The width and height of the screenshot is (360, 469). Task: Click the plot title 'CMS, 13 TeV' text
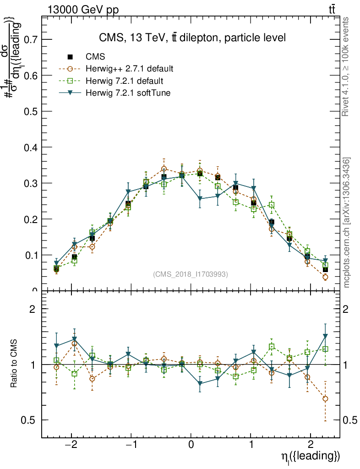coord(192,38)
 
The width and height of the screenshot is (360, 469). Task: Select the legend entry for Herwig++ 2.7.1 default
coord(129,69)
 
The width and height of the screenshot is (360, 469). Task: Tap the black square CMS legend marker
coord(70,57)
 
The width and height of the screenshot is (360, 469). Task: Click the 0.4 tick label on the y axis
coord(28,147)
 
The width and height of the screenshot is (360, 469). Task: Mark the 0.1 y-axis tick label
coord(28,255)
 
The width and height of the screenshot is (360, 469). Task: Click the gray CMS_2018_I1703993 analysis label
coord(190,274)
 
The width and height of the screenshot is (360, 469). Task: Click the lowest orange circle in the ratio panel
coord(325,399)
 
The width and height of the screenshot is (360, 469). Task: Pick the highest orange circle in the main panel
coord(164,169)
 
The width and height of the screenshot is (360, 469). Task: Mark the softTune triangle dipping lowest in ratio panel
coord(200,384)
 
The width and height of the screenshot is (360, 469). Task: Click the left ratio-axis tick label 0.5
coord(28,420)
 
